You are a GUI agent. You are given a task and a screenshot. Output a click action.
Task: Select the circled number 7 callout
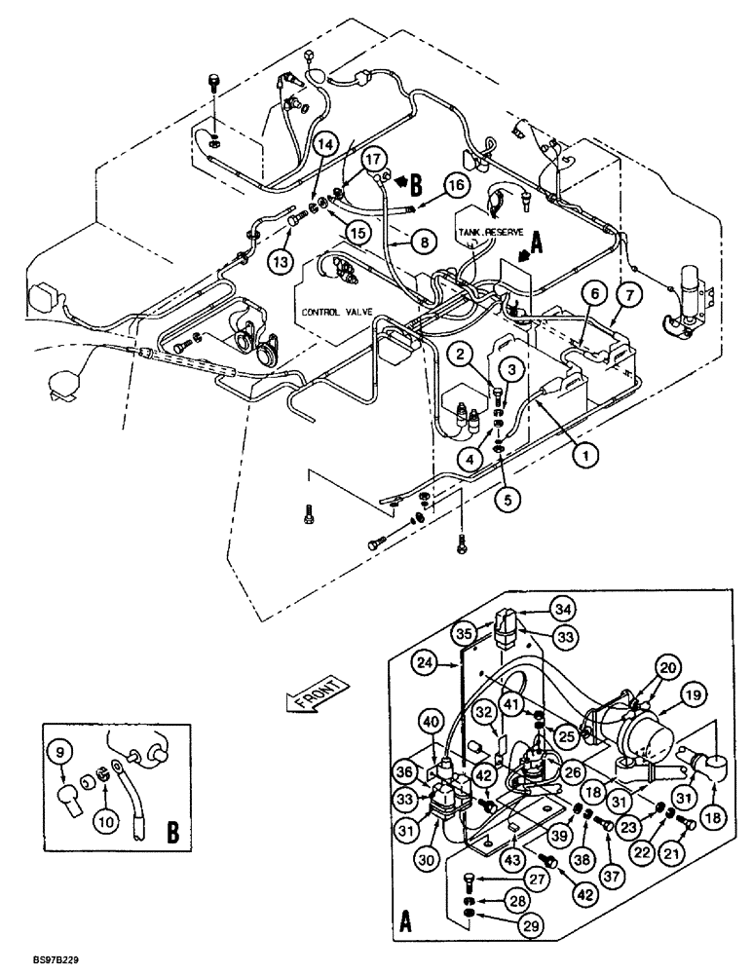point(626,293)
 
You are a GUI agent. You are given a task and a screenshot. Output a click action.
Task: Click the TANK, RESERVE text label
point(491,233)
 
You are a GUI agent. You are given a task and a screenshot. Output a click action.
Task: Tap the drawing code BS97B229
point(32,958)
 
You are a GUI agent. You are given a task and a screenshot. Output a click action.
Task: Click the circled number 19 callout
point(693,695)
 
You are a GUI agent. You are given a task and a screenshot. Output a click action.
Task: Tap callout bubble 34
point(562,610)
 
